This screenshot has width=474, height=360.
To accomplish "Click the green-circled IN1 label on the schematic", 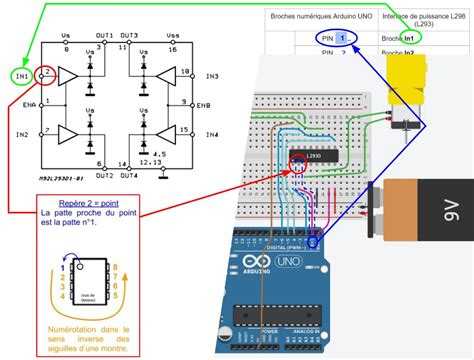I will point(19,76).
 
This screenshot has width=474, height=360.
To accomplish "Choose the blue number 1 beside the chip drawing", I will point(66,267).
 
